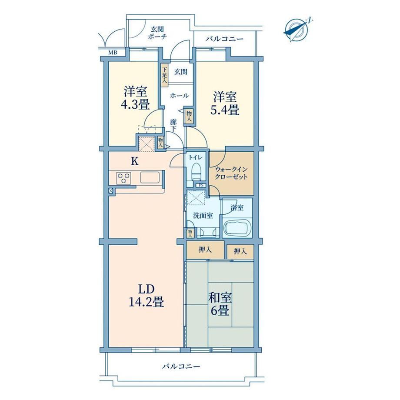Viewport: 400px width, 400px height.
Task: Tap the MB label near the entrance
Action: [x=113, y=53]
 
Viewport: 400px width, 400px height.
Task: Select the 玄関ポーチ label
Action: [x=157, y=33]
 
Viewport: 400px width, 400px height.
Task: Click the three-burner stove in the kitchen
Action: [x=123, y=178]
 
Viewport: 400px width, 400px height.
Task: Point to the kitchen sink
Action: [x=150, y=177]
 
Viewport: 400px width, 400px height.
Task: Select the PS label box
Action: [x=201, y=186]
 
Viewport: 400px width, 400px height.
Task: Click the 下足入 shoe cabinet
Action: [x=164, y=74]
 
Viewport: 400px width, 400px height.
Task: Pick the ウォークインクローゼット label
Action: [x=231, y=173]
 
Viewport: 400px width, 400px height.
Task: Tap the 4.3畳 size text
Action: [x=135, y=104]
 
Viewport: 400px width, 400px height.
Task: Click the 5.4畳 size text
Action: [x=225, y=110]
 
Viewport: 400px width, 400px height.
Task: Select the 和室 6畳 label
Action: [x=220, y=304]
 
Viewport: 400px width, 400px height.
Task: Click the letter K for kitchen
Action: [x=134, y=161]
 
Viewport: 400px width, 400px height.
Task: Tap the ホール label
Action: [x=179, y=96]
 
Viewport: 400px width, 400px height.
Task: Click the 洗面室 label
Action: [x=203, y=216]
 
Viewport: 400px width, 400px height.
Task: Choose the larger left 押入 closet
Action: [x=205, y=250]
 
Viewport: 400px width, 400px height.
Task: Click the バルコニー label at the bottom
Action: [x=181, y=367]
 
